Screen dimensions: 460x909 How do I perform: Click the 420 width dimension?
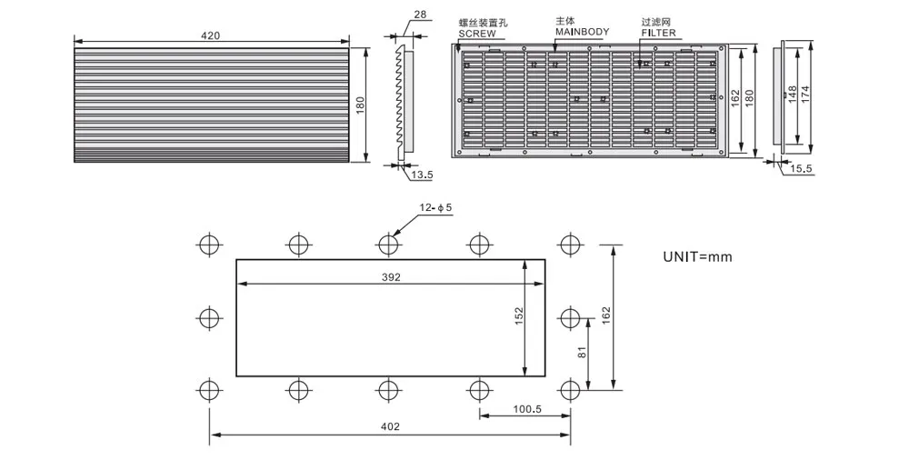211,35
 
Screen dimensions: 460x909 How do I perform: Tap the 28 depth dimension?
419,15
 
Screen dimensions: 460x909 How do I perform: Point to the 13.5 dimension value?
421,174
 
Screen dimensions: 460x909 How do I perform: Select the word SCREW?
477,33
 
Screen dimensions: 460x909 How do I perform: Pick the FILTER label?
658,33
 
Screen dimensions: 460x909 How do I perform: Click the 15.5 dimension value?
801,169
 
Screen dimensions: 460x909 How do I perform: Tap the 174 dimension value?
806,92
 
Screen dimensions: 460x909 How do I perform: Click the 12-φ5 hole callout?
436,208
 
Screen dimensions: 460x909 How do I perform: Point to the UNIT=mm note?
697,256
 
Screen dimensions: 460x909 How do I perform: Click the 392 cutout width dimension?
392,276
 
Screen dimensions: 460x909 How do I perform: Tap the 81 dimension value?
583,353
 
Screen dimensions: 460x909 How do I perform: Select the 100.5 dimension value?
526,409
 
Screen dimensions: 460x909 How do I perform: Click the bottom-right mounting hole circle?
570,390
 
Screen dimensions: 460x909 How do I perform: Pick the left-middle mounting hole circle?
208,317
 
